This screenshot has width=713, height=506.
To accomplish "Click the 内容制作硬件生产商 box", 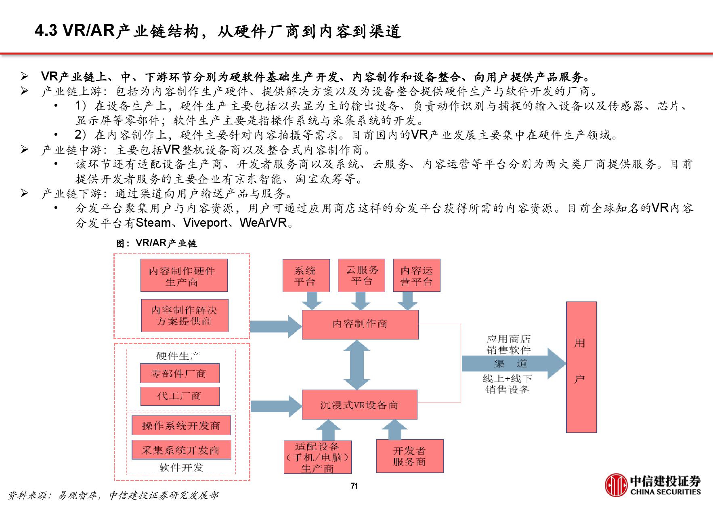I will [x=184, y=275].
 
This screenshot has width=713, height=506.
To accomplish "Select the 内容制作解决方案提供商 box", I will [x=185, y=315].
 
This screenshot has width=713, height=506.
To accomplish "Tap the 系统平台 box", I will [x=306, y=276].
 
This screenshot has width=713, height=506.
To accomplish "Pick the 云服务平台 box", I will [x=361, y=275].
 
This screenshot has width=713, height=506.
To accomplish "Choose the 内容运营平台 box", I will [x=416, y=276].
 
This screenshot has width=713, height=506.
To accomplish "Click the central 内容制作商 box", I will [x=360, y=324].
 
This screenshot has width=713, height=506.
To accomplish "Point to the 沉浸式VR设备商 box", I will [x=359, y=405].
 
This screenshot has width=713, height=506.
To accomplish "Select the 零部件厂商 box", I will [x=180, y=373].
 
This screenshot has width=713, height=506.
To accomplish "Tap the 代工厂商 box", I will [x=180, y=396].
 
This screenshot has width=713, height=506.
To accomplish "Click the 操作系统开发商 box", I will [x=181, y=426].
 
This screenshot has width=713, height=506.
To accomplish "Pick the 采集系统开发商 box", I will [x=181, y=450].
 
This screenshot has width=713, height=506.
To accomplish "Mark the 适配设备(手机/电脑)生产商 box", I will [x=317, y=457].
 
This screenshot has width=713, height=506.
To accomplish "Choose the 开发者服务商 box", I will [x=409, y=456].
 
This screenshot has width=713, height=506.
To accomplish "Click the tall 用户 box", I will [x=581, y=367].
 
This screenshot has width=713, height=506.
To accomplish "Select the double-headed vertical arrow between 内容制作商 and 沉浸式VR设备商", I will [x=357, y=365].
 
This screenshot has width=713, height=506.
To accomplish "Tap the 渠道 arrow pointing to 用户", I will [x=513, y=363].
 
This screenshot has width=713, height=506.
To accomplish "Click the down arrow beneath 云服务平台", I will [x=361, y=301].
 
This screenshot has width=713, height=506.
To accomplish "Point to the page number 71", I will [x=354, y=486].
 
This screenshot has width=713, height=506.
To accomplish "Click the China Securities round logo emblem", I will [x=616, y=485].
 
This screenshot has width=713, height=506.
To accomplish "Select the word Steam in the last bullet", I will [x=153, y=223].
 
